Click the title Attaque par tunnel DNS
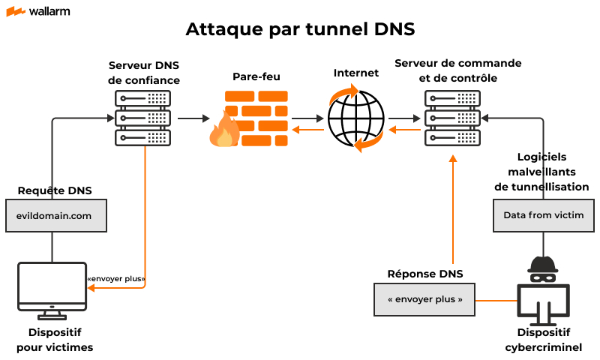pyautogui.click(x=300, y=29)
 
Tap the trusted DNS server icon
pyautogui.click(x=143, y=118)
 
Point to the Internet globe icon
pyautogui.click(x=355, y=118)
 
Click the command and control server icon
pyautogui.click(x=452, y=118)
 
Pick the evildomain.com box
pyautogui.click(x=54, y=215)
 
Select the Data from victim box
pyautogui.click(x=544, y=215)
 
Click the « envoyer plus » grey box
pyautogui.click(x=425, y=299)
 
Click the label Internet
pyautogui.click(x=356, y=73)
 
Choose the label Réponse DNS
pyautogui.click(x=424, y=274)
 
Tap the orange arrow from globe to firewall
pyautogui.click(x=307, y=130)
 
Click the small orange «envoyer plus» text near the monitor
pyautogui.click(x=116, y=279)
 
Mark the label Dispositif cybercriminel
pyautogui.click(x=543, y=340)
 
